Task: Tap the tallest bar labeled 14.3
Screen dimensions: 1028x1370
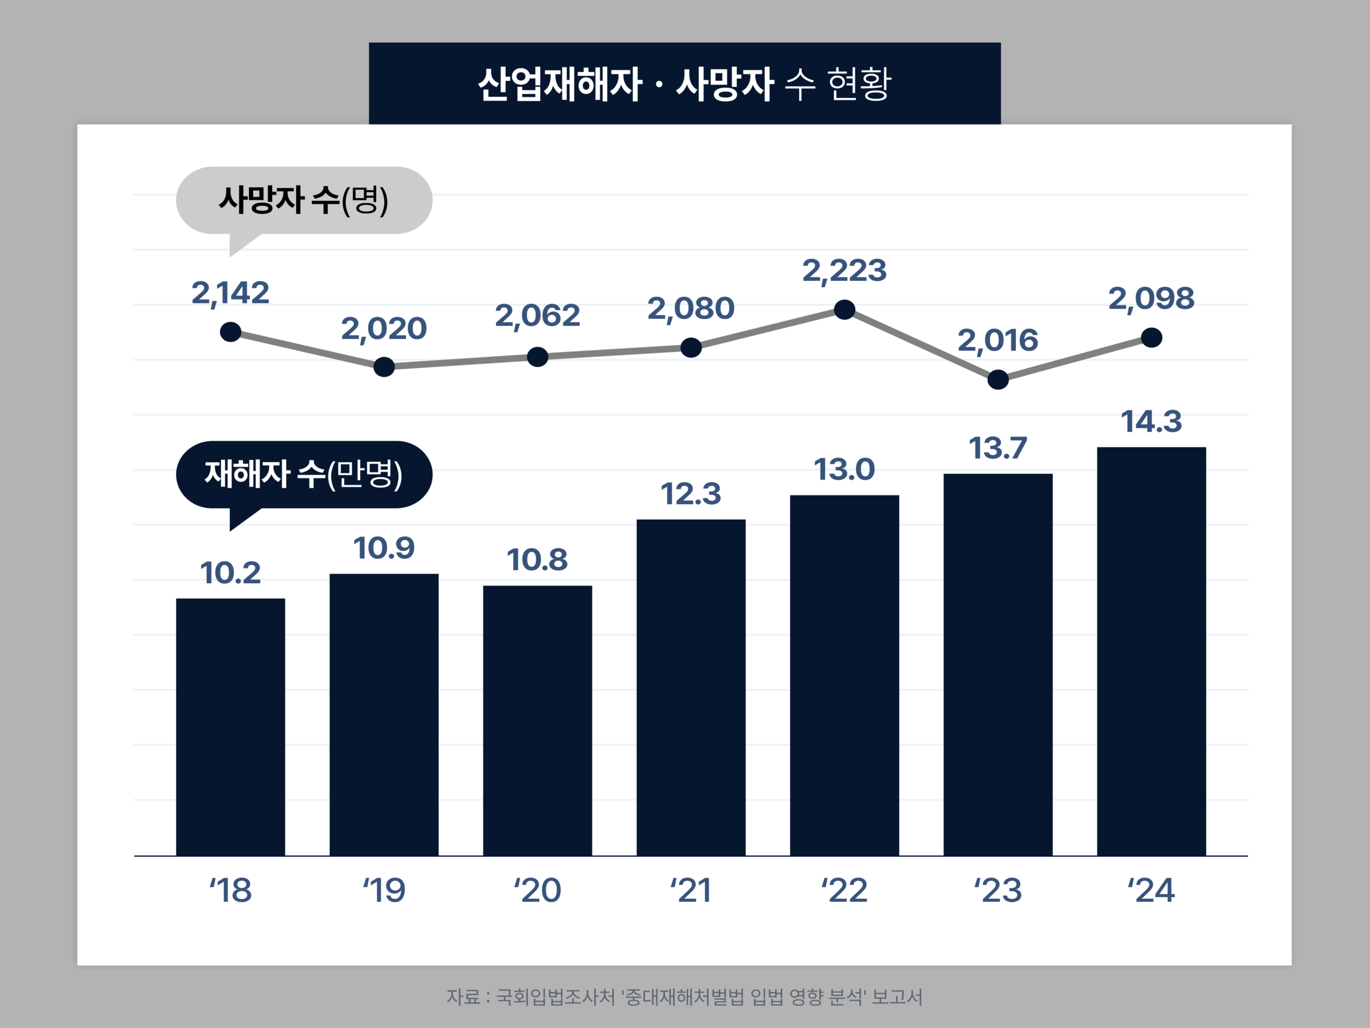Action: tap(1151, 651)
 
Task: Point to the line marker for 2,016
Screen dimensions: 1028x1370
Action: tap(998, 379)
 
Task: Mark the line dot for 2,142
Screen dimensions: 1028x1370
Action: tap(231, 332)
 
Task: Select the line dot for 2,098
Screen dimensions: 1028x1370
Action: tap(1151, 338)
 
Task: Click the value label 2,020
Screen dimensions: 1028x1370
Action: tap(384, 329)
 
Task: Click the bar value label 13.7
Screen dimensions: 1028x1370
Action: tap(998, 448)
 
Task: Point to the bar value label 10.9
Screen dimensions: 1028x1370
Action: tap(384, 548)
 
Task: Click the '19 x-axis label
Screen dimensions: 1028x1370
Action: tap(384, 890)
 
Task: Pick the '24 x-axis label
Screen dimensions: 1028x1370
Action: tap(1151, 890)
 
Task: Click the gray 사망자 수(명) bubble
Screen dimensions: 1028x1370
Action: tap(303, 200)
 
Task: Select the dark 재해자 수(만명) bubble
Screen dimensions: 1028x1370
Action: tap(303, 474)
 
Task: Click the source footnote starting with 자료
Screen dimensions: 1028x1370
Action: tap(684, 996)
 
